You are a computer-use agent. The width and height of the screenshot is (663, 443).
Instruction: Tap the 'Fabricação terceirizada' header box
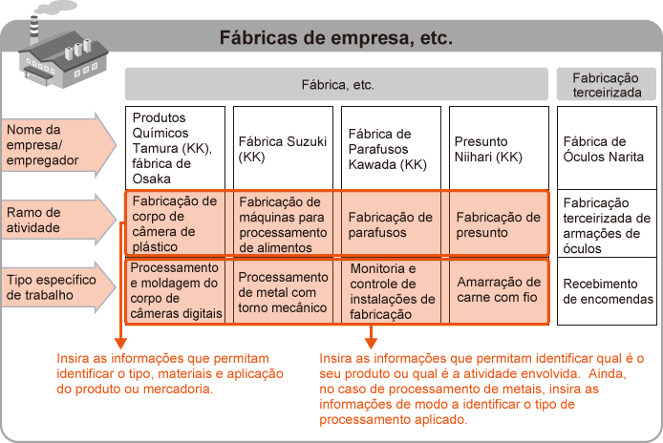click(607, 84)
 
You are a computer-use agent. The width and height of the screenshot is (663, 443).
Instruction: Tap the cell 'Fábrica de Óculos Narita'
click(607, 148)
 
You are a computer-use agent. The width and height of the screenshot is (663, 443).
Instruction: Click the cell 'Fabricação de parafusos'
click(390, 224)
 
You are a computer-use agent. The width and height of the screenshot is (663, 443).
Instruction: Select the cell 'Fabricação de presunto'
click(498, 224)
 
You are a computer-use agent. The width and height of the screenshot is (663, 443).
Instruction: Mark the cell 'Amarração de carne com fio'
click(498, 289)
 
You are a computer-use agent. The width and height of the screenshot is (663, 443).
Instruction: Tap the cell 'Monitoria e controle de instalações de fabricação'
click(390, 291)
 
